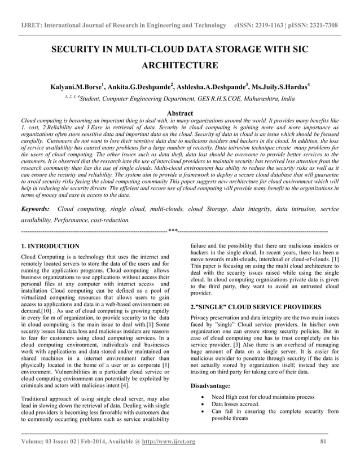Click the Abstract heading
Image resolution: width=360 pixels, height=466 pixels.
[179, 113]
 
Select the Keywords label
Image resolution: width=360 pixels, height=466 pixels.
[35, 209]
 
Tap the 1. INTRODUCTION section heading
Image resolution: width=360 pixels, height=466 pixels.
[50, 247]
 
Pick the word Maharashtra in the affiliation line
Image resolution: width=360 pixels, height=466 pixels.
[258, 99]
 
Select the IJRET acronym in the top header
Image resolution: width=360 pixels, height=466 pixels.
[30, 26]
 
